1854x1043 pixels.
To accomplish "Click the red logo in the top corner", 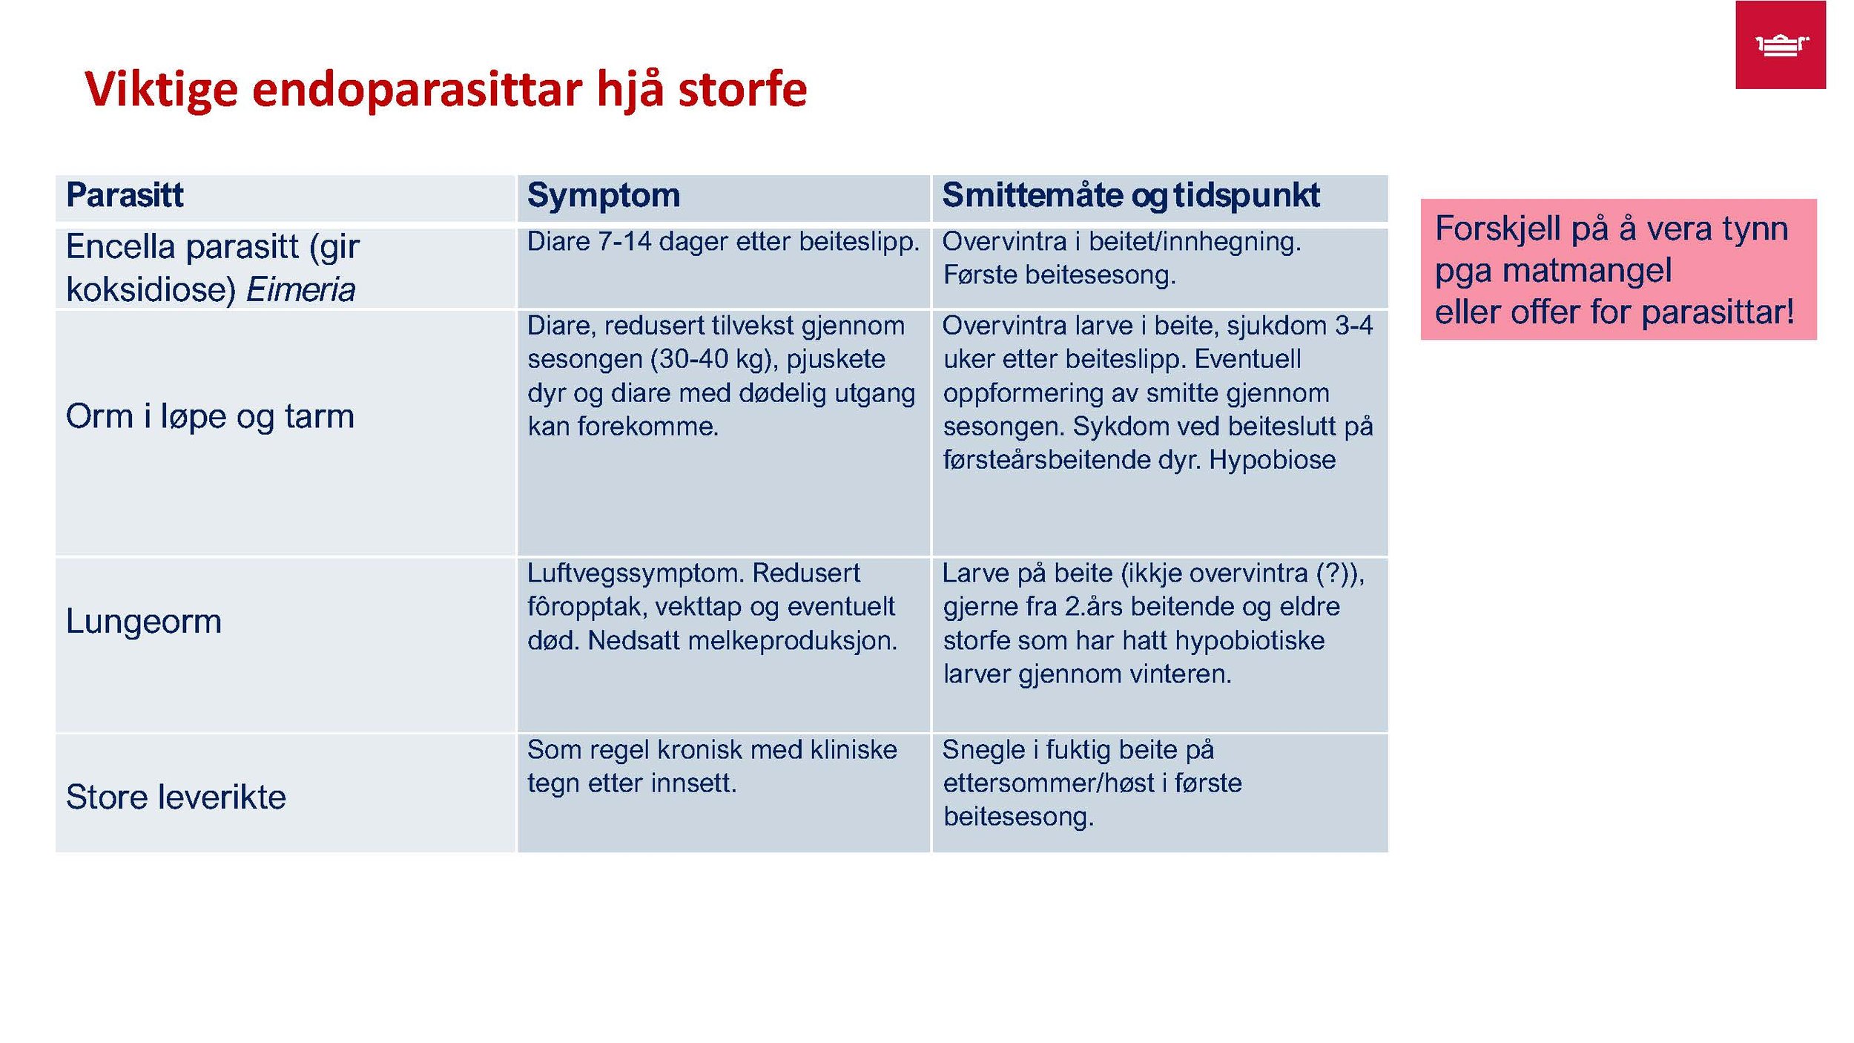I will click(x=1780, y=45).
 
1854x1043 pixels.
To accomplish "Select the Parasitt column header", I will click(x=125, y=195).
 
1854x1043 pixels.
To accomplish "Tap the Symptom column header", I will click(x=603, y=195).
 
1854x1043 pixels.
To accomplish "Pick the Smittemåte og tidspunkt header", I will click(x=1130, y=195).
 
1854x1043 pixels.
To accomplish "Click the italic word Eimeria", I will click(x=300, y=289).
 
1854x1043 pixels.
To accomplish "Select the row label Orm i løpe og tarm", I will click(x=210, y=416).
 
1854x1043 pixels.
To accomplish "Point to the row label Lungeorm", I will click(x=143, y=621).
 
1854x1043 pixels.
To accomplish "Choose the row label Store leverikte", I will click(x=176, y=797).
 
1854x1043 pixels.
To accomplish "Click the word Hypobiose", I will click(x=1272, y=460).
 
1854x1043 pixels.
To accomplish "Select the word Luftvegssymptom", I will click(x=636, y=573).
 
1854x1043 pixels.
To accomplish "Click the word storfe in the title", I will click(x=742, y=90).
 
